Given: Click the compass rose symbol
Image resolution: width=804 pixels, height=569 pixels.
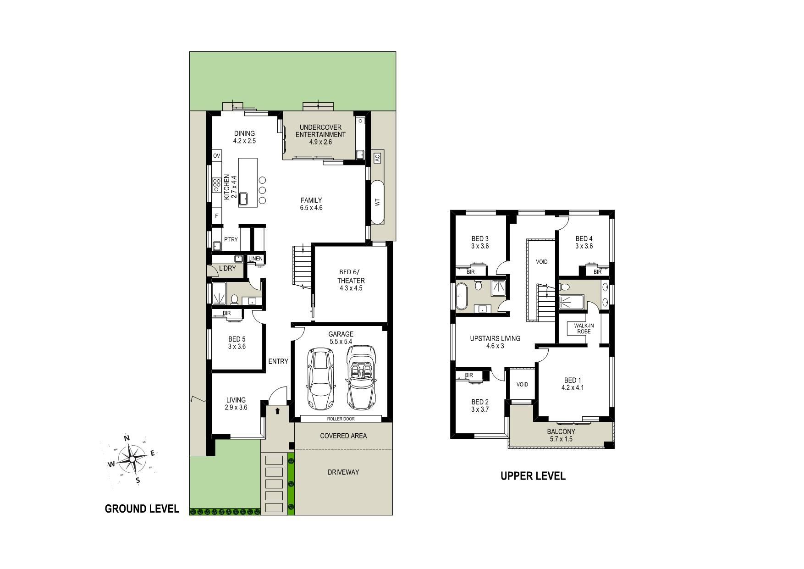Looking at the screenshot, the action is (132, 459).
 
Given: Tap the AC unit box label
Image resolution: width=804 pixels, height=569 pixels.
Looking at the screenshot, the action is (377, 158).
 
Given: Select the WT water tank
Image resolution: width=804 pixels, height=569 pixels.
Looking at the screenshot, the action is (377, 202).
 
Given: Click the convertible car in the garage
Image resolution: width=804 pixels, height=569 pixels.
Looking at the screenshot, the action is (361, 377).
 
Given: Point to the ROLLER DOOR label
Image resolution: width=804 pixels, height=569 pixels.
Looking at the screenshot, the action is (341, 419).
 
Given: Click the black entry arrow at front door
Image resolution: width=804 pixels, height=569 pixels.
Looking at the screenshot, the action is (277, 411).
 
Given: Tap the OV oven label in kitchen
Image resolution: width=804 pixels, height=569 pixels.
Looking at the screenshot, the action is (217, 156).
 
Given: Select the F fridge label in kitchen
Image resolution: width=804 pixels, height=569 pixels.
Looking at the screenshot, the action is (216, 215).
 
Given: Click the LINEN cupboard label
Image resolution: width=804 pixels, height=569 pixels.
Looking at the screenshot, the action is (256, 259).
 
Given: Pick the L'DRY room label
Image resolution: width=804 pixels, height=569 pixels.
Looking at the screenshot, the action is (227, 268).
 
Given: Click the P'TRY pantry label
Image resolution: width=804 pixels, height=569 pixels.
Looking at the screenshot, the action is (231, 239).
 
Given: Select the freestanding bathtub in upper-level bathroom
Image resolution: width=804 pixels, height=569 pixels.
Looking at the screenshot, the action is (461, 296).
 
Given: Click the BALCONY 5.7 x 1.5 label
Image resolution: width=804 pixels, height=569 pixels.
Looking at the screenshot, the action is (561, 435).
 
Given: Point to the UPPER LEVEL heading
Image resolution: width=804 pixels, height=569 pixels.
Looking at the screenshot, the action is (533, 476).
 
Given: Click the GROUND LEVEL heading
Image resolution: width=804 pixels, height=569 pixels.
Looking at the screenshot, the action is (142, 508).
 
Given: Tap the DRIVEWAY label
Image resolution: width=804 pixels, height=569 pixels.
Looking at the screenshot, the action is (343, 472).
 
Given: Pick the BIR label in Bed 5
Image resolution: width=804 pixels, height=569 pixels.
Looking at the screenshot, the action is (226, 314).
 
